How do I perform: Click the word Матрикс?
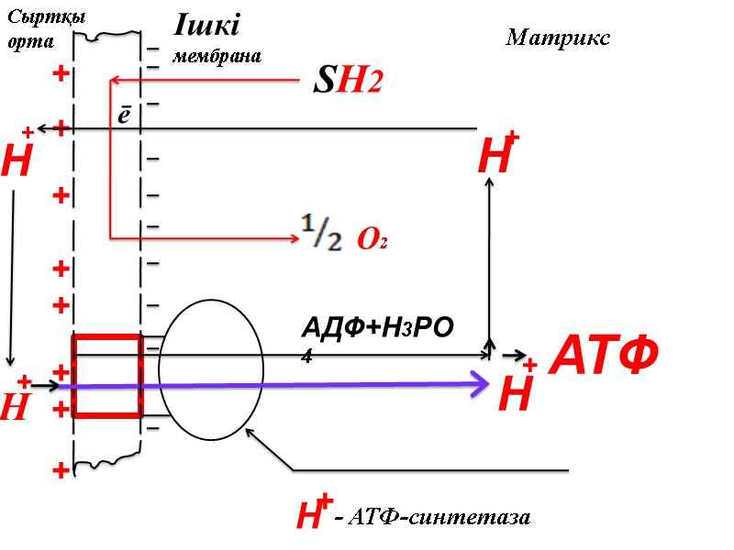558,38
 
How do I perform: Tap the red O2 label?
372,240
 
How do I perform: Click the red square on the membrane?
106,376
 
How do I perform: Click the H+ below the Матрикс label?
498,156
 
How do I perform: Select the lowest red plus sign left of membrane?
61,471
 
